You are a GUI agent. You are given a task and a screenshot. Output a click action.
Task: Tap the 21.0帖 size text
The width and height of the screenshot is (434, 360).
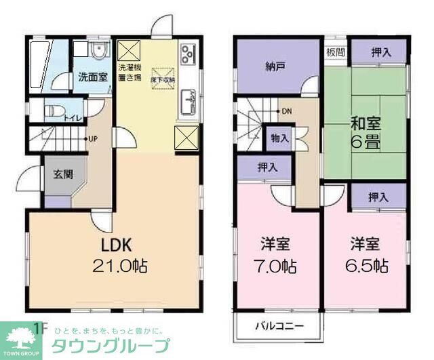[120, 265]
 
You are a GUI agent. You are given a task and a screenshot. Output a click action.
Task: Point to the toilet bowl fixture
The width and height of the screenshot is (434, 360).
[52, 113]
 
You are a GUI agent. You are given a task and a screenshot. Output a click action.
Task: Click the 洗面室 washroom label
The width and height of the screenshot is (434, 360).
[92, 77]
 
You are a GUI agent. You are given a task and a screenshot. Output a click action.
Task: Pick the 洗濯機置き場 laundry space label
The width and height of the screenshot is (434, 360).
[129, 73]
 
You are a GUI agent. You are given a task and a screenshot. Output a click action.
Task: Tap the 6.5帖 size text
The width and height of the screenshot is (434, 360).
[370, 265]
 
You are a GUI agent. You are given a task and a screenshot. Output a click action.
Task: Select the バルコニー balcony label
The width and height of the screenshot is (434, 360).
[279, 326]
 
